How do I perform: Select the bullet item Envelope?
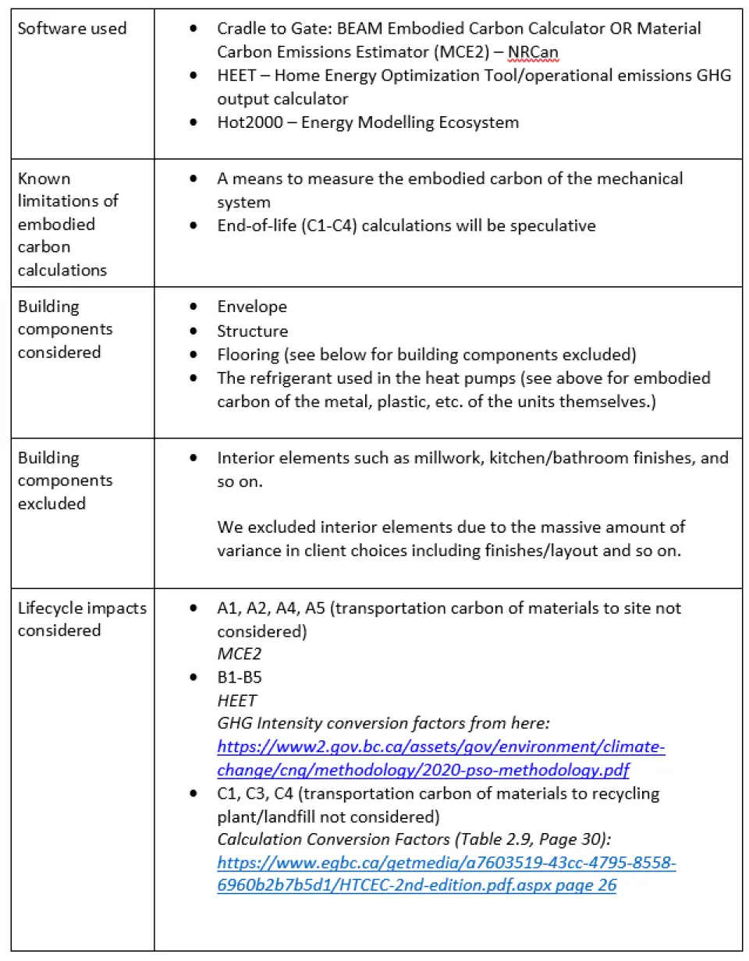pos(252,307)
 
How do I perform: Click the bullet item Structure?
pos(253,331)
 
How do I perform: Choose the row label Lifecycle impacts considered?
pos(82,619)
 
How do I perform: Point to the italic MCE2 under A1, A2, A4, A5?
pos(239,654)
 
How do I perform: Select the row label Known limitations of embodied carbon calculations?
pos(68,224)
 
